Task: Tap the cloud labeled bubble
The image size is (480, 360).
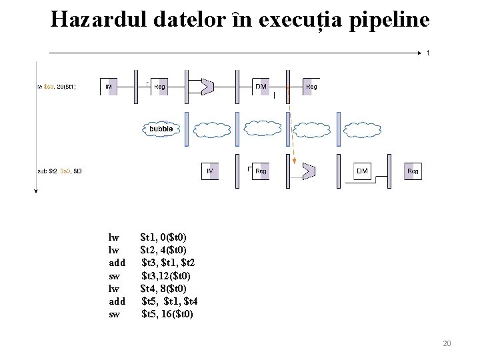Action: pyautogui.click(x=160, y=128)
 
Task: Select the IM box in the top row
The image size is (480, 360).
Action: pyautogui.click(x=109, y=86)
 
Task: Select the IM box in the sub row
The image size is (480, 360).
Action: pyautogui.click(x=210, y=171)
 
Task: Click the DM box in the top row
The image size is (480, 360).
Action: pyautogui.click(x=261, y=86)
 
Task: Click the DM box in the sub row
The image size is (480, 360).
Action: pyautogui.click(x=362, y=171)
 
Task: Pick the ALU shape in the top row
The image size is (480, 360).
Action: pyautogui.click(x=208, y=86)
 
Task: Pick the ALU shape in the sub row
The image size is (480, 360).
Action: pyautogui.click(x=308, y=171)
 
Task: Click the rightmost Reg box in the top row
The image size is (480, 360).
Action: pyautogui.click(x=311, y=86)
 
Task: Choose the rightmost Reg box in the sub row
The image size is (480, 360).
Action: pyautogui.click(x=413, y=171)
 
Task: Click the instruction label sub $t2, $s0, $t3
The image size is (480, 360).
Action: pyautogui.click(x=59, y=171)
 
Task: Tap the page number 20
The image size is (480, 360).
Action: pyautogui.click(x=447, y=343)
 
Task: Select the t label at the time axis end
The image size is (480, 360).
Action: pyautogui.click(x=428, y=53)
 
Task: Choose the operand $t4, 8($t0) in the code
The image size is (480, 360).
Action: pyautogui.click(x=163, y=289)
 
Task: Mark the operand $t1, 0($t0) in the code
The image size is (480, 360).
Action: pyautogui.click(x=163, y=237)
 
